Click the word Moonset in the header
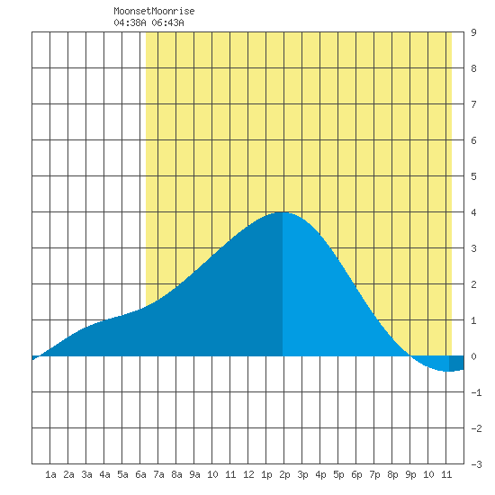132,11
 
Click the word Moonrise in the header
173,11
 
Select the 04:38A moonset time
130,22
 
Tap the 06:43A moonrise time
167,22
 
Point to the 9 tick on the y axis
473,32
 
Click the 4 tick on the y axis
473,212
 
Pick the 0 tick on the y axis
473,356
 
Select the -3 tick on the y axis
476,464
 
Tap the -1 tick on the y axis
476,392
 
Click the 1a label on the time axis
50,474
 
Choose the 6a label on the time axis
140,474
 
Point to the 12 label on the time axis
248,474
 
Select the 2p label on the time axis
284,474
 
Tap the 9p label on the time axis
410,474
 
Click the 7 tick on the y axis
473,104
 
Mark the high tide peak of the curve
283,212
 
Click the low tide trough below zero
448,371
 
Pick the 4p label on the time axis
320,474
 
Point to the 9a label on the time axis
194,474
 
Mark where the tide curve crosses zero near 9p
410,355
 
